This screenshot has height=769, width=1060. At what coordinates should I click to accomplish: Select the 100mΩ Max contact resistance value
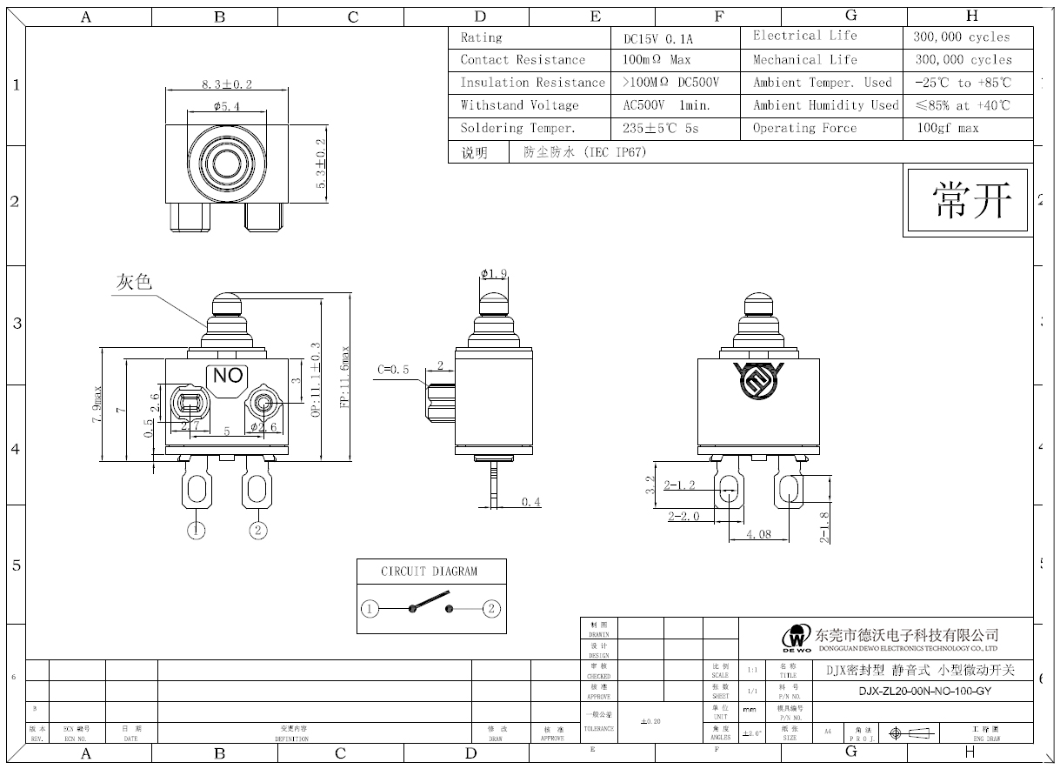657,60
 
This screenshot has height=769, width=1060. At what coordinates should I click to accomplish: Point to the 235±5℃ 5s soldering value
661,128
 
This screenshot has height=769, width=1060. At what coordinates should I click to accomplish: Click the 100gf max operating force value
947,128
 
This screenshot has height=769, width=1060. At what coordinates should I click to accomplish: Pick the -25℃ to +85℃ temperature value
963,83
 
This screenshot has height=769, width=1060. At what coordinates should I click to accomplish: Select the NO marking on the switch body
228,376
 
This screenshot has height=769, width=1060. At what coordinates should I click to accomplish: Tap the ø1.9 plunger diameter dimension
494,275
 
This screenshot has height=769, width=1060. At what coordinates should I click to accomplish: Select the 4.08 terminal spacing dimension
758,534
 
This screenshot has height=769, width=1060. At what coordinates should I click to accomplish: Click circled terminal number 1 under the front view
198,530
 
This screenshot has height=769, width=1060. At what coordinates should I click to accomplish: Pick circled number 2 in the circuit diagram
491,608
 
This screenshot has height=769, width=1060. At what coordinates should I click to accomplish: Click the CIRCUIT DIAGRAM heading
429,572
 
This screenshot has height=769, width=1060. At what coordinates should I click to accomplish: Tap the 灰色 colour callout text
134,283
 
